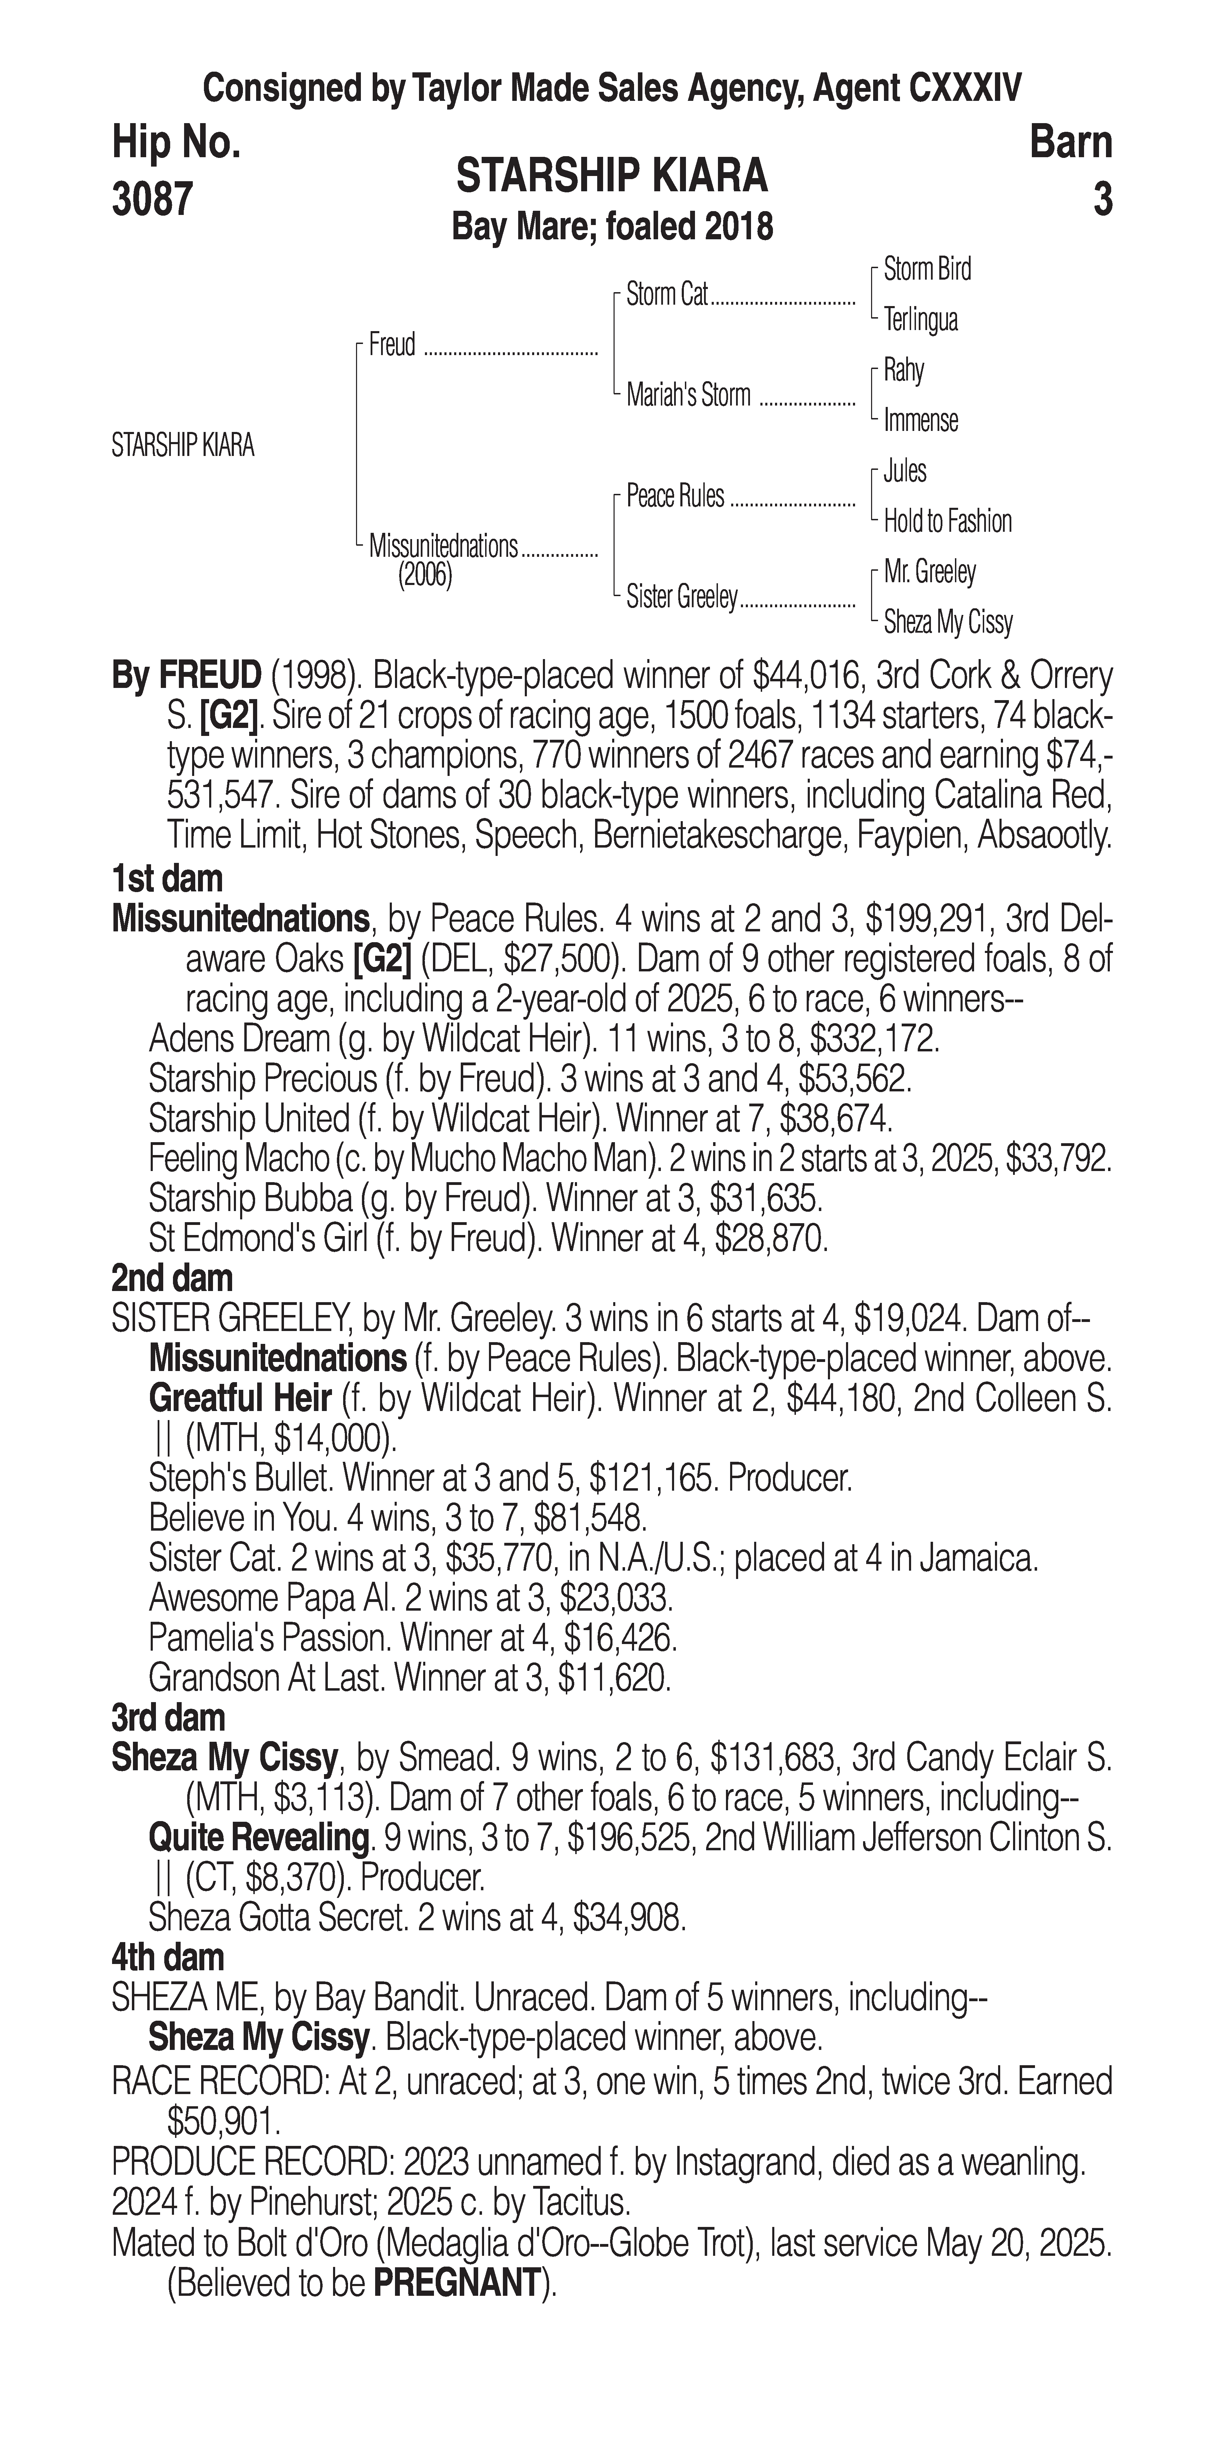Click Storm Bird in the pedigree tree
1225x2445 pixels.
(927, 270)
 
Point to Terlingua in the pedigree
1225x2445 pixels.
(920, 320)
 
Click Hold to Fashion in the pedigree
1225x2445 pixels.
(947, 521)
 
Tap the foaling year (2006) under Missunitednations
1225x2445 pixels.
(425, 576)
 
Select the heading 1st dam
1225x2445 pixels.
(167, 879)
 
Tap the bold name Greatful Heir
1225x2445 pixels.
(240, 1398)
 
